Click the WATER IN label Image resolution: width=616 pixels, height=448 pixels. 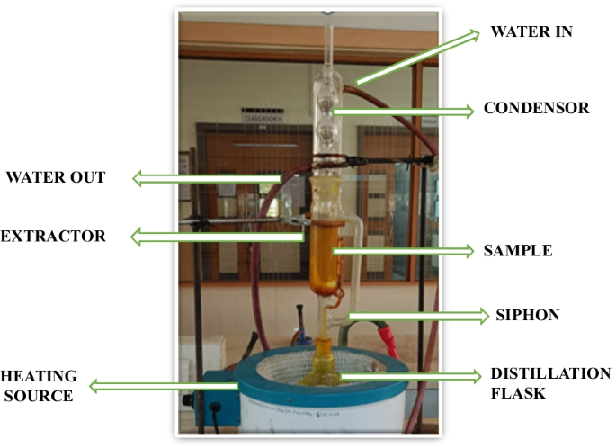pos(531,32)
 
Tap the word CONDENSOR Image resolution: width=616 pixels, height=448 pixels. pos(536,109)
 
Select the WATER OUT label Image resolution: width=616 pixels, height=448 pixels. pos(56,177)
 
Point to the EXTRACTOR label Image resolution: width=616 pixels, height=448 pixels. pos(52,237)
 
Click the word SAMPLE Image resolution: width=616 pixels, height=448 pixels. pos(518,251)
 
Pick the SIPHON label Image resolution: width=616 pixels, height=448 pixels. pos(528,315)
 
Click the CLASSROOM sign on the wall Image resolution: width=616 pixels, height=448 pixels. pos(261,116)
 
